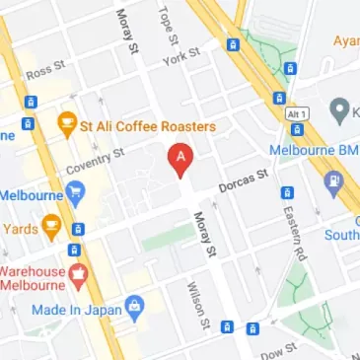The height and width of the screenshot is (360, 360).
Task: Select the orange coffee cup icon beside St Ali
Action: click(x=67, y=125)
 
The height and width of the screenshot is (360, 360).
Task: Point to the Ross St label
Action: click(x=45, y=69)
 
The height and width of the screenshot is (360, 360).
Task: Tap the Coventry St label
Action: click(x=97, y=160)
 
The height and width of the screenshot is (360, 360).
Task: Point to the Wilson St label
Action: click(x=196, y=305)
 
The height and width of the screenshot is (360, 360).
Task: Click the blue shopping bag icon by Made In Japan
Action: click(x=138, y=310)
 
